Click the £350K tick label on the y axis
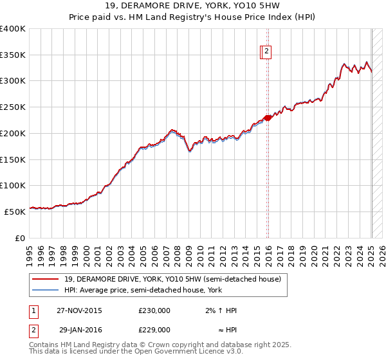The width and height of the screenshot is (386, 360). [13, 55]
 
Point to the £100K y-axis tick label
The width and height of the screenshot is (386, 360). [13, 186]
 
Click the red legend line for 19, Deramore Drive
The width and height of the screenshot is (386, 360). [46, 280]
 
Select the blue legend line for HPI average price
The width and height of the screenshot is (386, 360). [46, 290]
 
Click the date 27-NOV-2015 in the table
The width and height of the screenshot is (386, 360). [79, 310]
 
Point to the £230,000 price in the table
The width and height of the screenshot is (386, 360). [154, 310]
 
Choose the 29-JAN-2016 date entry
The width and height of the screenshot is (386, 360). [79, 330]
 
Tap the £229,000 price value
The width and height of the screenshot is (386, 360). [154, 330]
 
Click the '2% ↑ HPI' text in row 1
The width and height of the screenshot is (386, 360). [221, 310]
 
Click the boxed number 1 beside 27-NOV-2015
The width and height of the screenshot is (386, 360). [33, 310]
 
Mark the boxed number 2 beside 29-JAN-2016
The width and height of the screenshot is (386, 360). [33, 330]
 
